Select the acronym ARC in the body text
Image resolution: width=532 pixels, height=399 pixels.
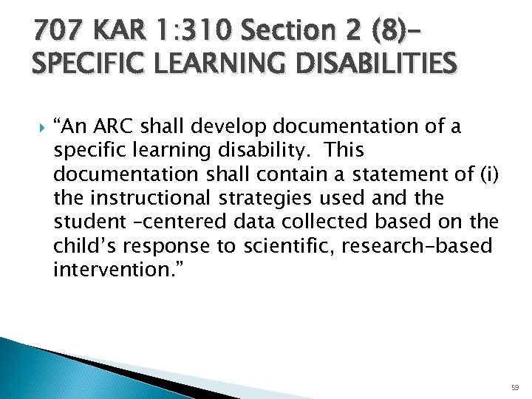coord(115,127)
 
